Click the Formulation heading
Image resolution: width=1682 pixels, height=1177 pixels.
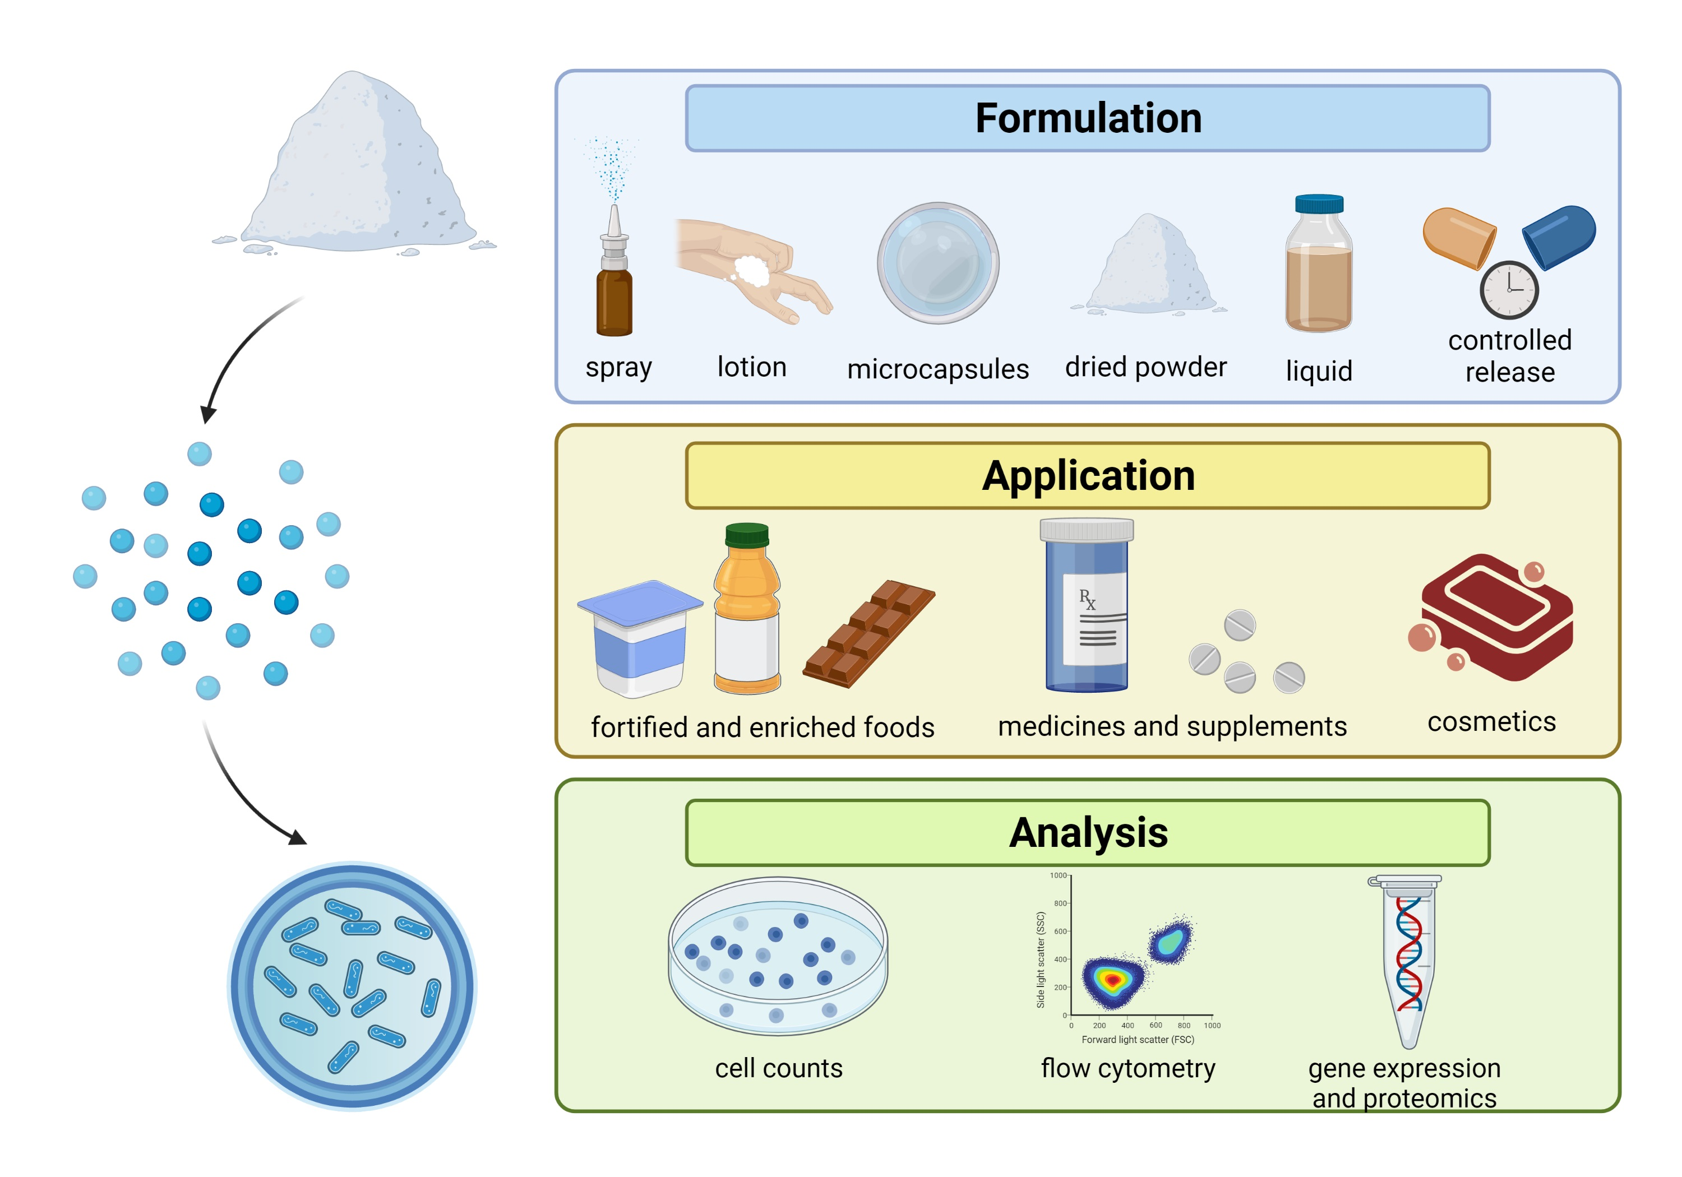(x=1088, y=119)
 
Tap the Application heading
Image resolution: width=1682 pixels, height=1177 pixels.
(x=1088, y=476)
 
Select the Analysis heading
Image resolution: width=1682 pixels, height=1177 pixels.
(x=1088, y=833)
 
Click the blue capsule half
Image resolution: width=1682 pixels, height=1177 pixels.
(x=1559, y=236)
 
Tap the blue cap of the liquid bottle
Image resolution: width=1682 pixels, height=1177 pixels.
(x=1319, y=203)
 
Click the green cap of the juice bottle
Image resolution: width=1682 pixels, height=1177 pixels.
(x=746, y=535)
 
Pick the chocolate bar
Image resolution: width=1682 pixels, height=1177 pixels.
(x=869, y=633)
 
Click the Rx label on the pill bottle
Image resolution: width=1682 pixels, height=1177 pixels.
(x=1087, y=599)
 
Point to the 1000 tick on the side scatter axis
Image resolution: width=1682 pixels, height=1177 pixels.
(x=1058, y=875)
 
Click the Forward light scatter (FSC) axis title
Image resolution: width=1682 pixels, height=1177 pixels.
(x=1138, y=1039)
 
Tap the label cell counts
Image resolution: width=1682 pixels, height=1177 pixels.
(x=779, y=1069)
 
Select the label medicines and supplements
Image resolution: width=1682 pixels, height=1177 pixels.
(x=1172, y=726)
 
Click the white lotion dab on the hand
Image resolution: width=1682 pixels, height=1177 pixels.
(x=752, y=271)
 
